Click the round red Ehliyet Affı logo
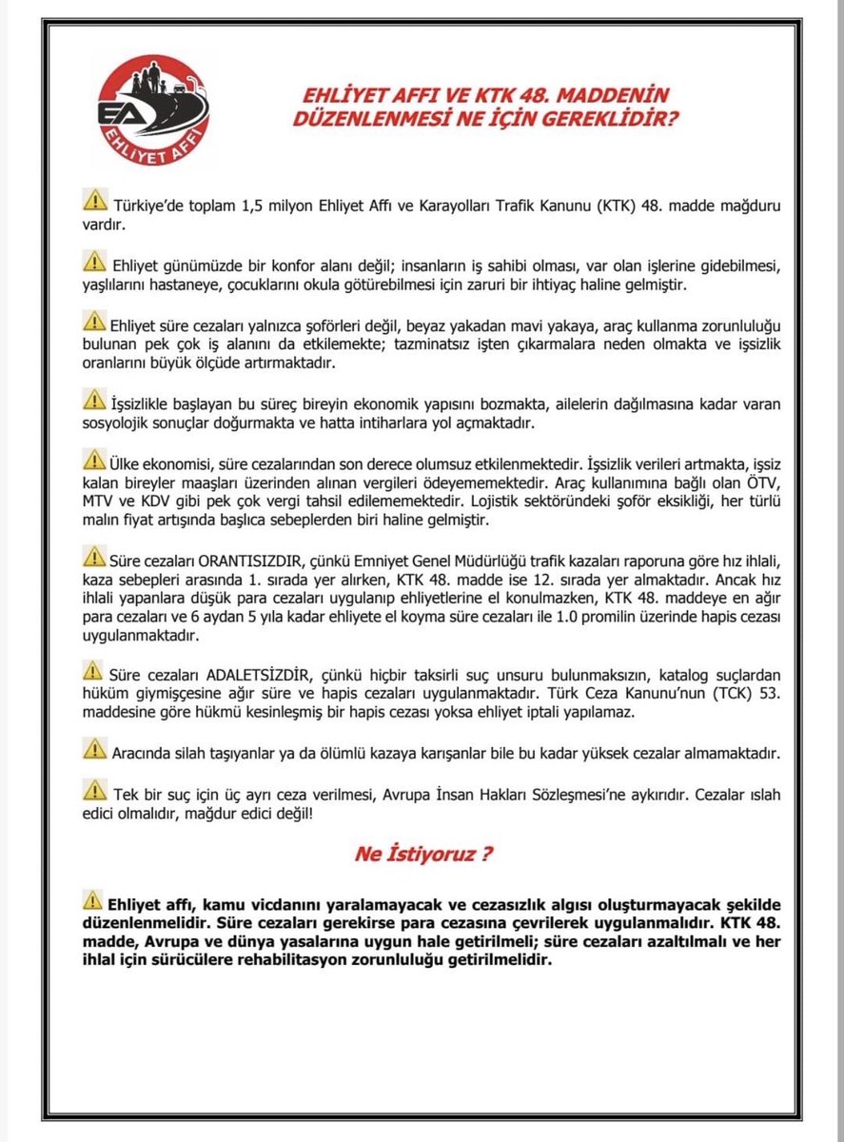tap(154, 110)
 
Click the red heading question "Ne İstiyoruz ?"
tap(423, 853)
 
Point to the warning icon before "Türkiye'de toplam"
tap(94, 201)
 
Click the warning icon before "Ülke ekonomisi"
tap(94, 461)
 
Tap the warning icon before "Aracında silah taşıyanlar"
tap(94, 749)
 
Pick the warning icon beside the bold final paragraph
tap(92, 898)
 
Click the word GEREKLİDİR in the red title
tap(613, 121)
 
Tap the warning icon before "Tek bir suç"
tap(94, 789)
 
